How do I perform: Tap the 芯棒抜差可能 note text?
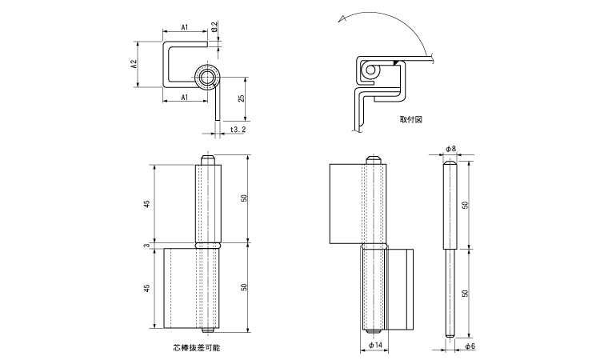[196, 348]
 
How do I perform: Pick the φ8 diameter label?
[450, 149]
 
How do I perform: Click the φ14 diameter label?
[375, 346]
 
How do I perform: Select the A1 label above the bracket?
[184, 28]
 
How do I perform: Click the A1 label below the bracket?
[184, 97]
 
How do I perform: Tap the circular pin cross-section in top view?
[207, 78]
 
